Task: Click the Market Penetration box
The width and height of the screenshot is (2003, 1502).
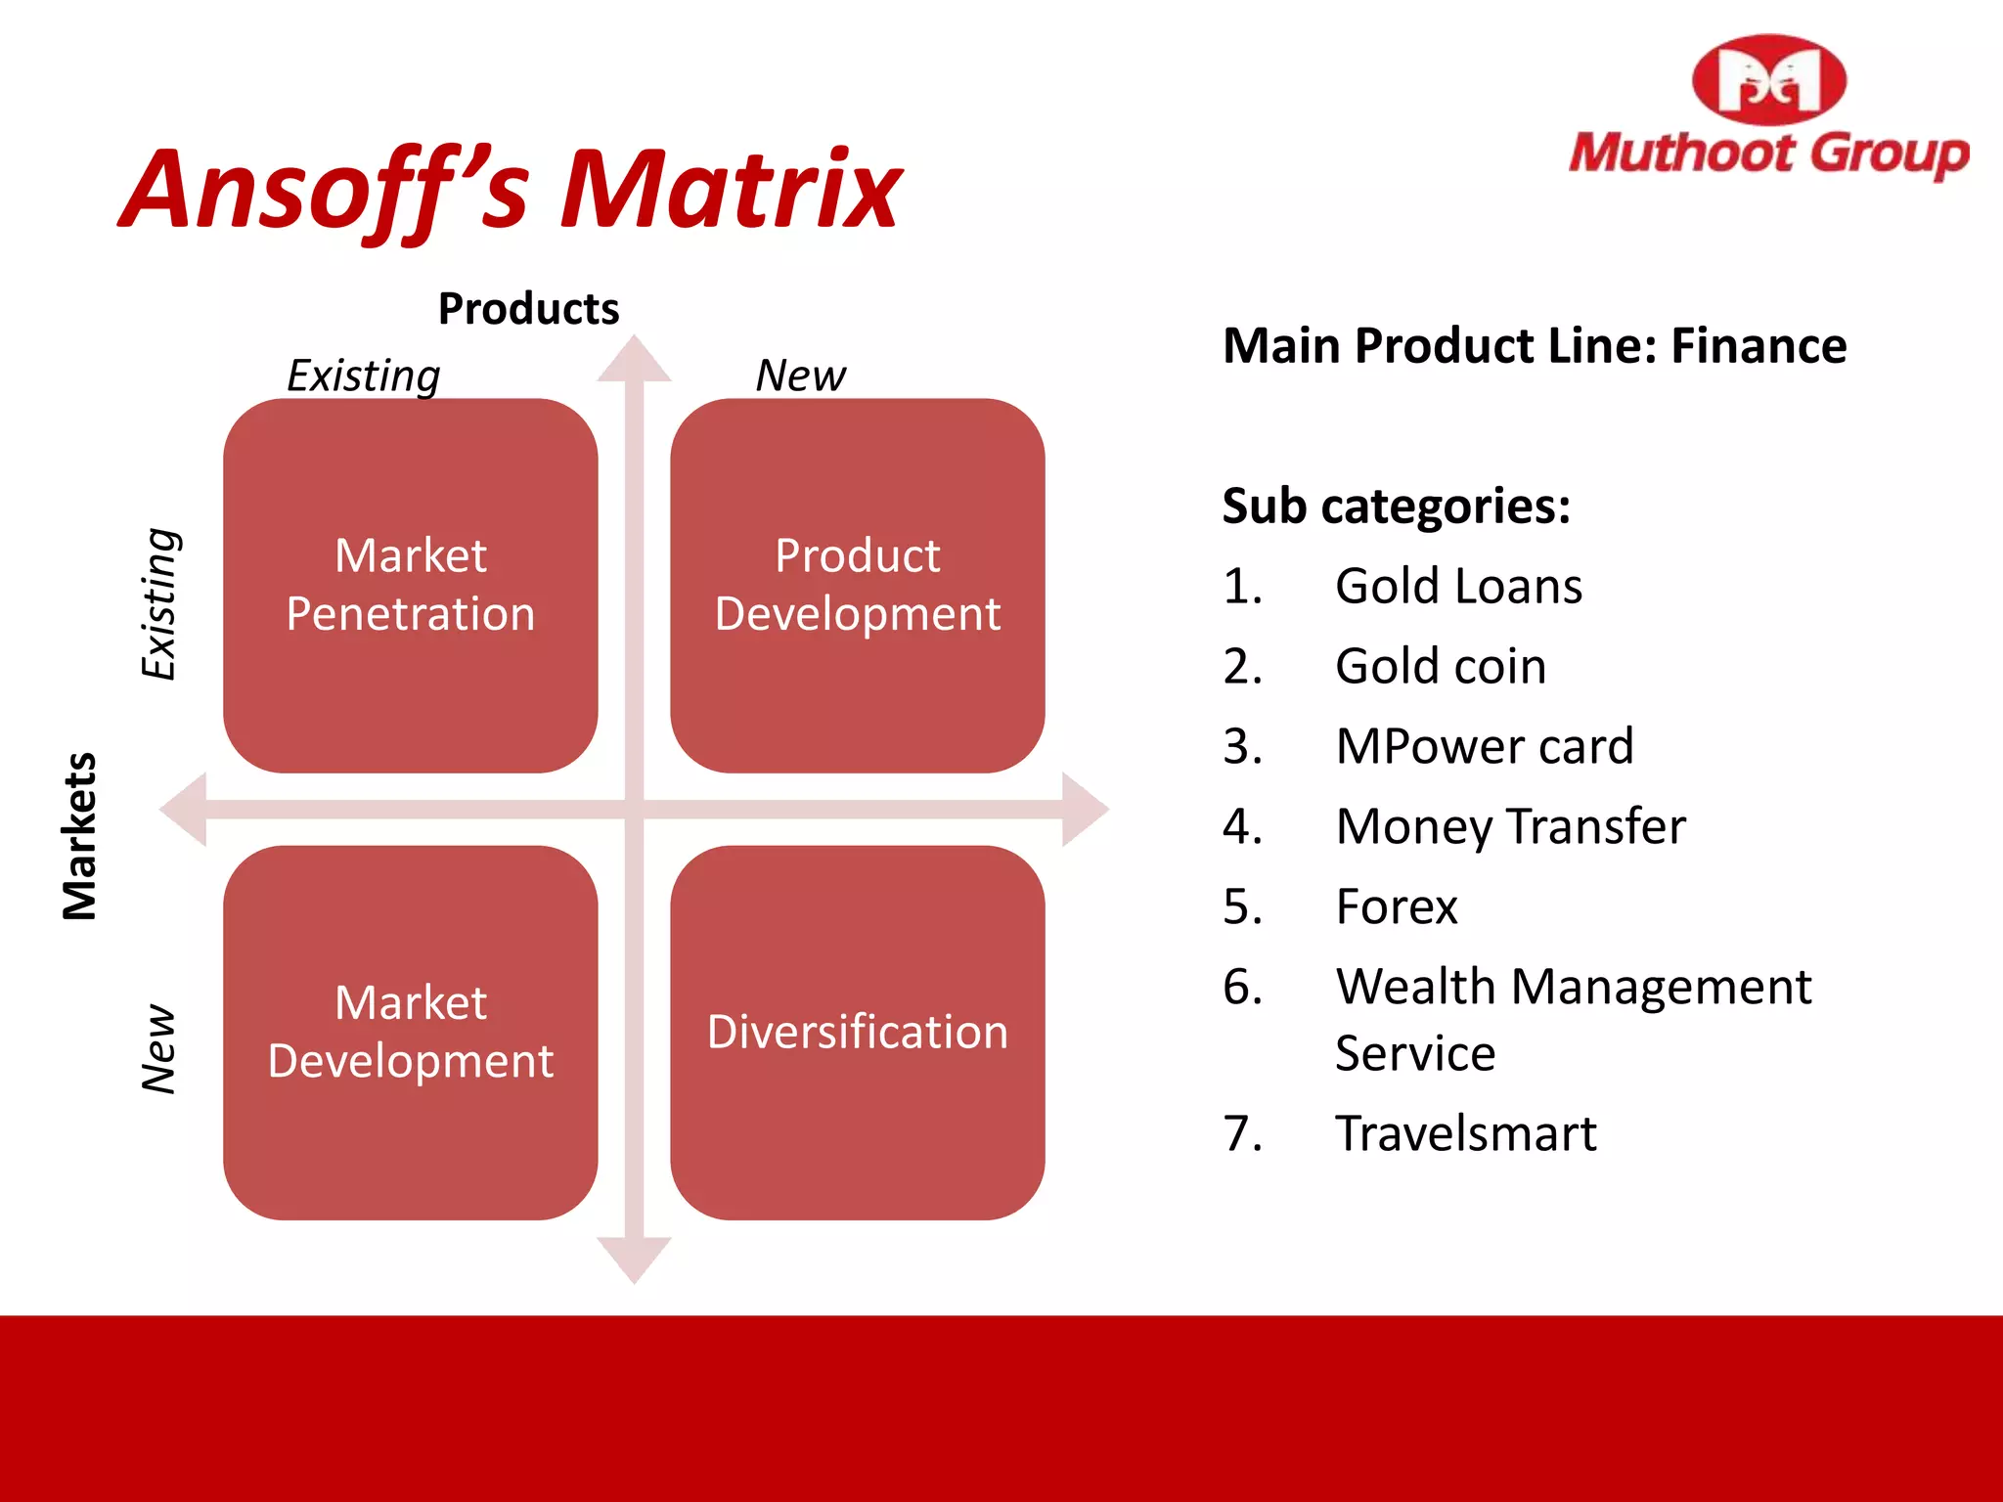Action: tap(410, 585)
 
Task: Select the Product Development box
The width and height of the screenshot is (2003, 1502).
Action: tap(857, 585)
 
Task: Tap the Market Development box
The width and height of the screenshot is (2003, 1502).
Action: tap(410, 1032)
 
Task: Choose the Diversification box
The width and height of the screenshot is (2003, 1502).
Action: tap(857, 1032)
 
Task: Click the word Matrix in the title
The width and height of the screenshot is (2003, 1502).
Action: tap(730, 191)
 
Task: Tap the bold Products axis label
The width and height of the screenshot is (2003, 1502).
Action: tap(528, 309)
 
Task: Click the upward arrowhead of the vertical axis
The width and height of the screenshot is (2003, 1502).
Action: tap(634, 359)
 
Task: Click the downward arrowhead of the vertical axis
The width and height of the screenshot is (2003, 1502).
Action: tap(634, 1259)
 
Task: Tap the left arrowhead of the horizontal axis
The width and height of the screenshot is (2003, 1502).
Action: tap(185, 809)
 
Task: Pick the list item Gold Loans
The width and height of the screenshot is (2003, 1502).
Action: tap(1457, 587)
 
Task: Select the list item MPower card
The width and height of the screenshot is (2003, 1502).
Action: tap(1484, 747)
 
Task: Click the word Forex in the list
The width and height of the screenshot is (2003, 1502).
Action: tap(1396, 907)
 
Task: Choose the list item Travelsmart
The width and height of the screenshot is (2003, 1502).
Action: tap(1465, 1134)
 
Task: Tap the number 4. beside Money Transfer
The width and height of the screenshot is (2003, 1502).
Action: tap(1242, 827)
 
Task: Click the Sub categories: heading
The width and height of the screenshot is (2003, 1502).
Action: tap(1396, 507)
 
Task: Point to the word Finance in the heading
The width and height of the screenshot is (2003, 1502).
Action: tap(1758, 346)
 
